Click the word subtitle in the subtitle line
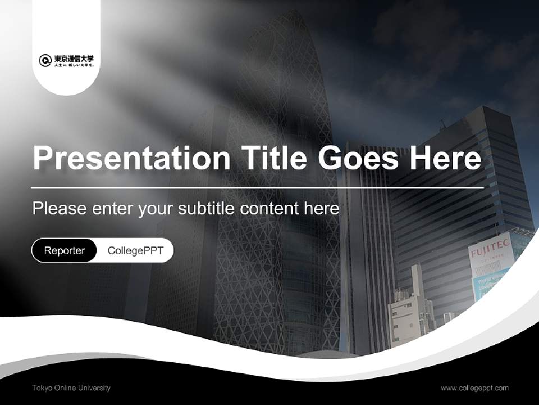click(208, 209)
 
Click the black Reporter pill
click(65, 250)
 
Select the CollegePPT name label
click(135, 250)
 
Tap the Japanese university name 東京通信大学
click(74, 58)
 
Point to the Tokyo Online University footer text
click(71, 388)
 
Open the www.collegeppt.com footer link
click(474, 388)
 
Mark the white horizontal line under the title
click(258, 187)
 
